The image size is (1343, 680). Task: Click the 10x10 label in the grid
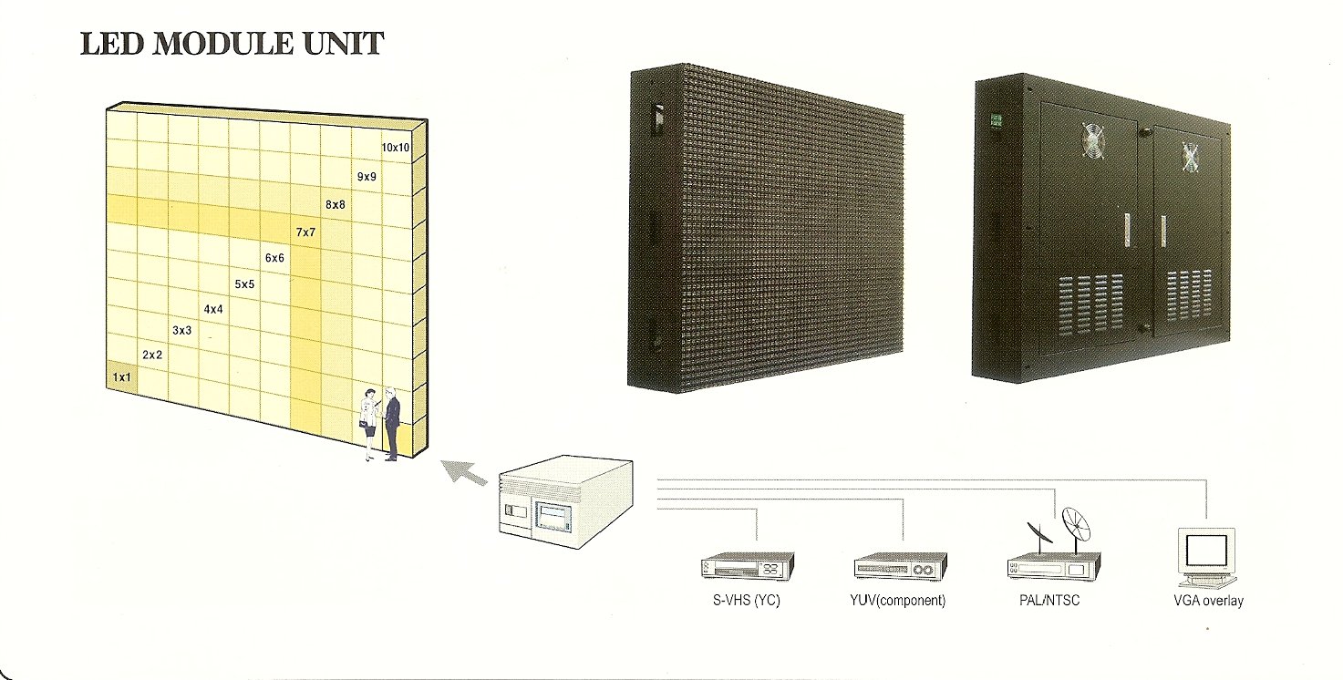point(396,147)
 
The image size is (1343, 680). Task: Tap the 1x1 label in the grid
point(122,376)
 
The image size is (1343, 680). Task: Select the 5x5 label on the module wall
point(244,284)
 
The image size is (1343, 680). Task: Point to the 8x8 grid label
point(335,205)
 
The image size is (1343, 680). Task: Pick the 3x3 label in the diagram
point(181,330)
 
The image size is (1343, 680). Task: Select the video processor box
point(565,503)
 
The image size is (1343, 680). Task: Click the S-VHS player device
point(746,568)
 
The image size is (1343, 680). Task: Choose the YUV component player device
point(900,568)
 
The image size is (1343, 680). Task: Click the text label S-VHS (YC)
point(746,601)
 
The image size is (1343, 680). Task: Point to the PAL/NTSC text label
point(1050,601)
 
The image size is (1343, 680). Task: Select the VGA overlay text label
point(1208,601)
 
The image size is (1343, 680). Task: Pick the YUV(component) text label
point(899,601)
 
